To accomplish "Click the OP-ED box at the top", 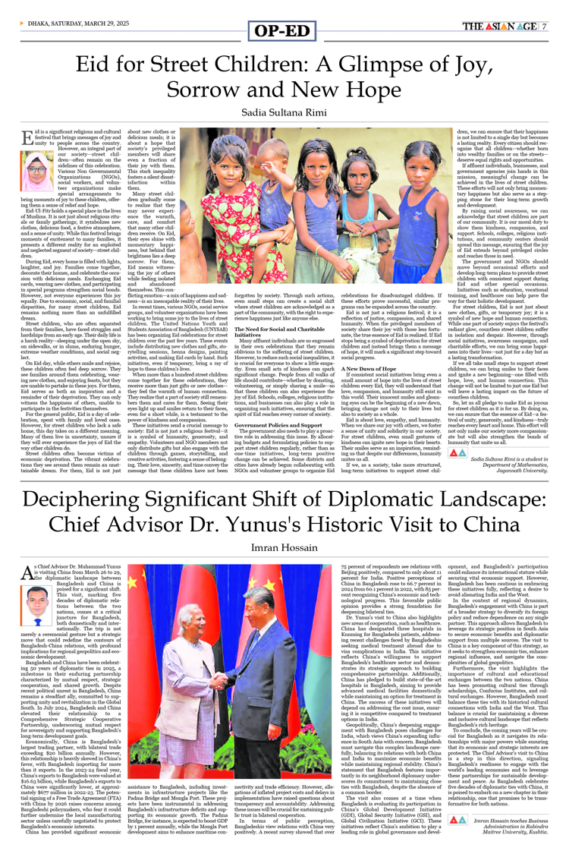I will (284, 30).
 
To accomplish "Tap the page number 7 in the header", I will (544, 26).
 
